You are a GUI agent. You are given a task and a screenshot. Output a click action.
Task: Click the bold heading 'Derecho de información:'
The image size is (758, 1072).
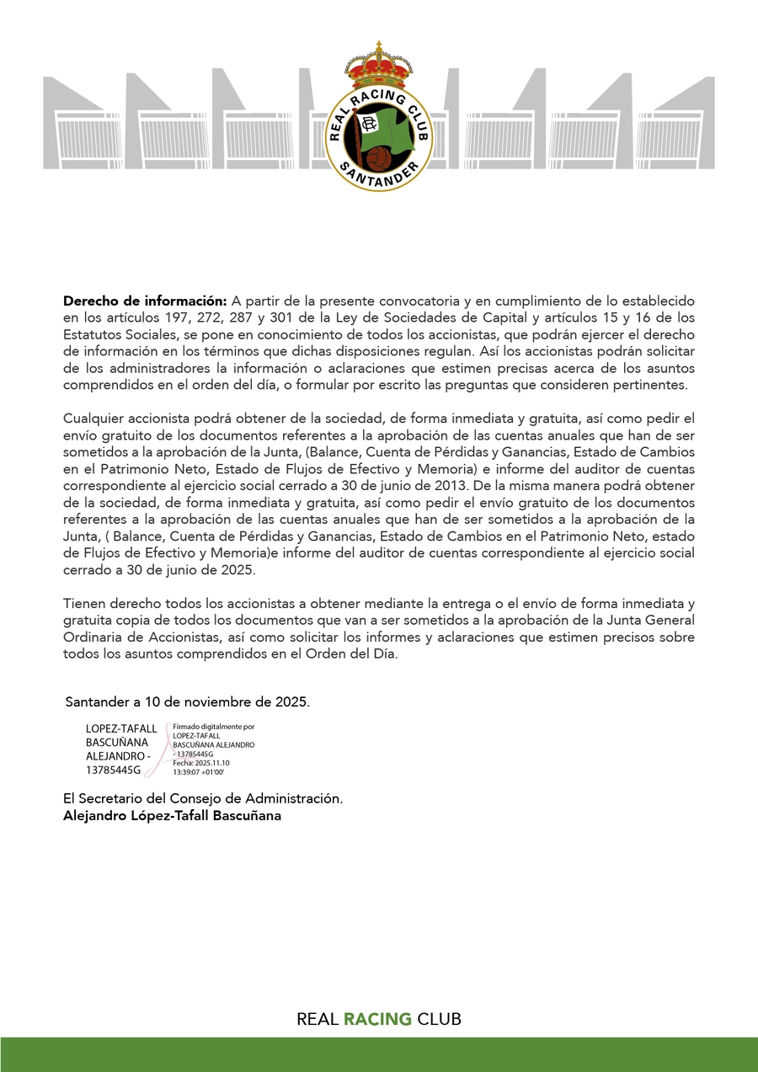tap(145, 301)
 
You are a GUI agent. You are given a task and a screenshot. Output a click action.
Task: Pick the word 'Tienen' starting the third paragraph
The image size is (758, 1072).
tap(83, 604)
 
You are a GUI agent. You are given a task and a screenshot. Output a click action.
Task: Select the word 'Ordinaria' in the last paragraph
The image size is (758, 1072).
tap(92, 637)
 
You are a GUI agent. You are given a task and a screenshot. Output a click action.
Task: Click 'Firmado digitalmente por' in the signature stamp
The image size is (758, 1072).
tap(214, 726)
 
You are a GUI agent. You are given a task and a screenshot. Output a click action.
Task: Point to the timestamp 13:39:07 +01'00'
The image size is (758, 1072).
tap(199, 771)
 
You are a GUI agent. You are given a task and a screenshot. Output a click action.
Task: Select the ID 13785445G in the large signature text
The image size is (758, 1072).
tap(114, 770)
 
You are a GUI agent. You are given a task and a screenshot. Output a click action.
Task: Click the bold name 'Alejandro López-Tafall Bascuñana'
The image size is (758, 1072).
tap(172, 815)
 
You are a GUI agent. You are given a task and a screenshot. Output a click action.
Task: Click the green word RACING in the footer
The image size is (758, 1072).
tap(377, 1019)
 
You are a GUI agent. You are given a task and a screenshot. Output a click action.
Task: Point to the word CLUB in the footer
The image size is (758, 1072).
tap(439, 1019)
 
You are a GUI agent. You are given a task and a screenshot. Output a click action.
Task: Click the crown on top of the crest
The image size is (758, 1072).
tap(378, 63)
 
